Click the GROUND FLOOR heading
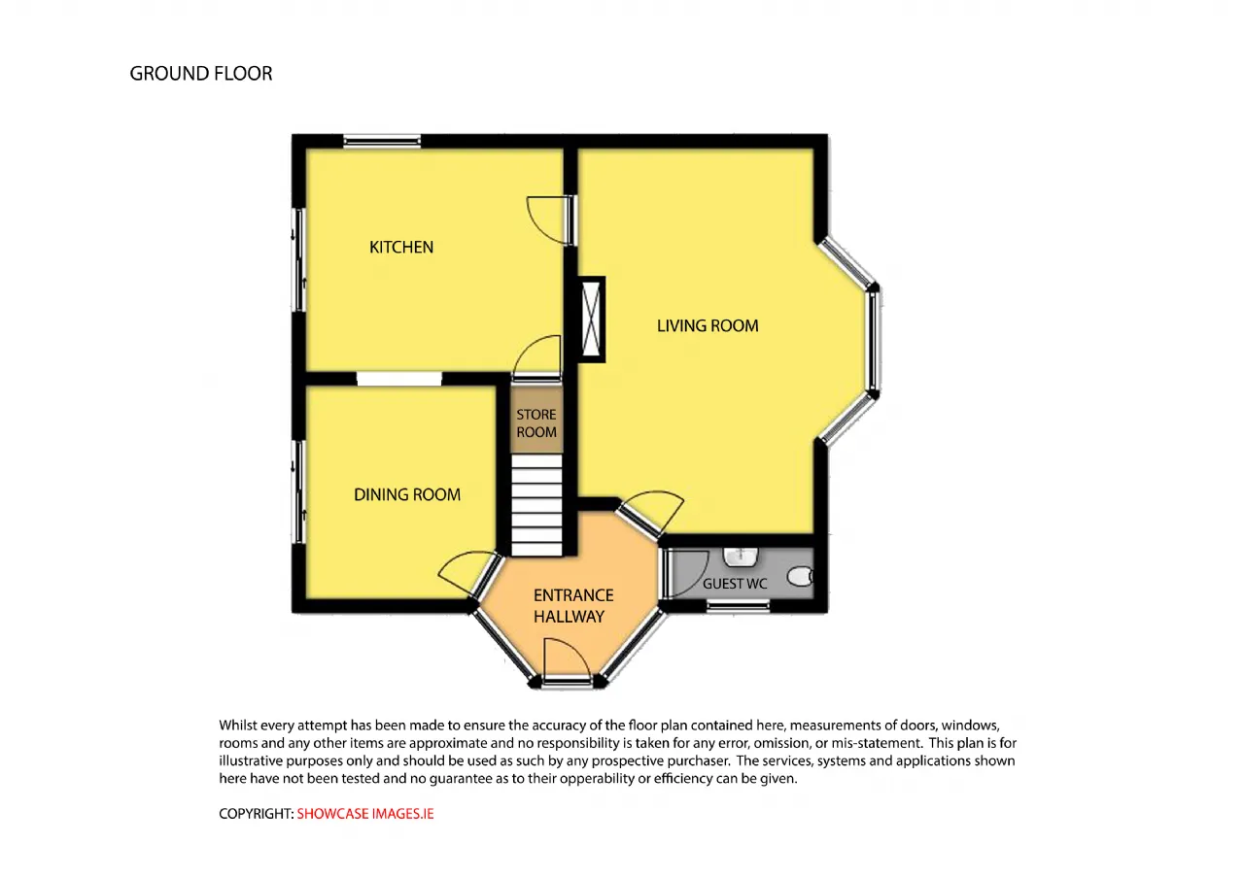[201, 73]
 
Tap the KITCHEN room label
[401, 247]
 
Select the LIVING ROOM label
[708, 325]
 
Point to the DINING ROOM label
[407, 494]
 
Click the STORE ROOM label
[536, 422]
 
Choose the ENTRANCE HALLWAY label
[573, 605]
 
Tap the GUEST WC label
[735, 584]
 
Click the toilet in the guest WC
[800, 576]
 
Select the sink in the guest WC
[741, 557]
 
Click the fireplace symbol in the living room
[592, 320]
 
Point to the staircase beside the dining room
[536, 505]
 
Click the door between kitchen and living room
[551, 220]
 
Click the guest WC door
[684, 573]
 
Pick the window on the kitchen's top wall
[382, 141]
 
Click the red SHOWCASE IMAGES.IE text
[364, 814]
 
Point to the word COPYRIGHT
[256, 814]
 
